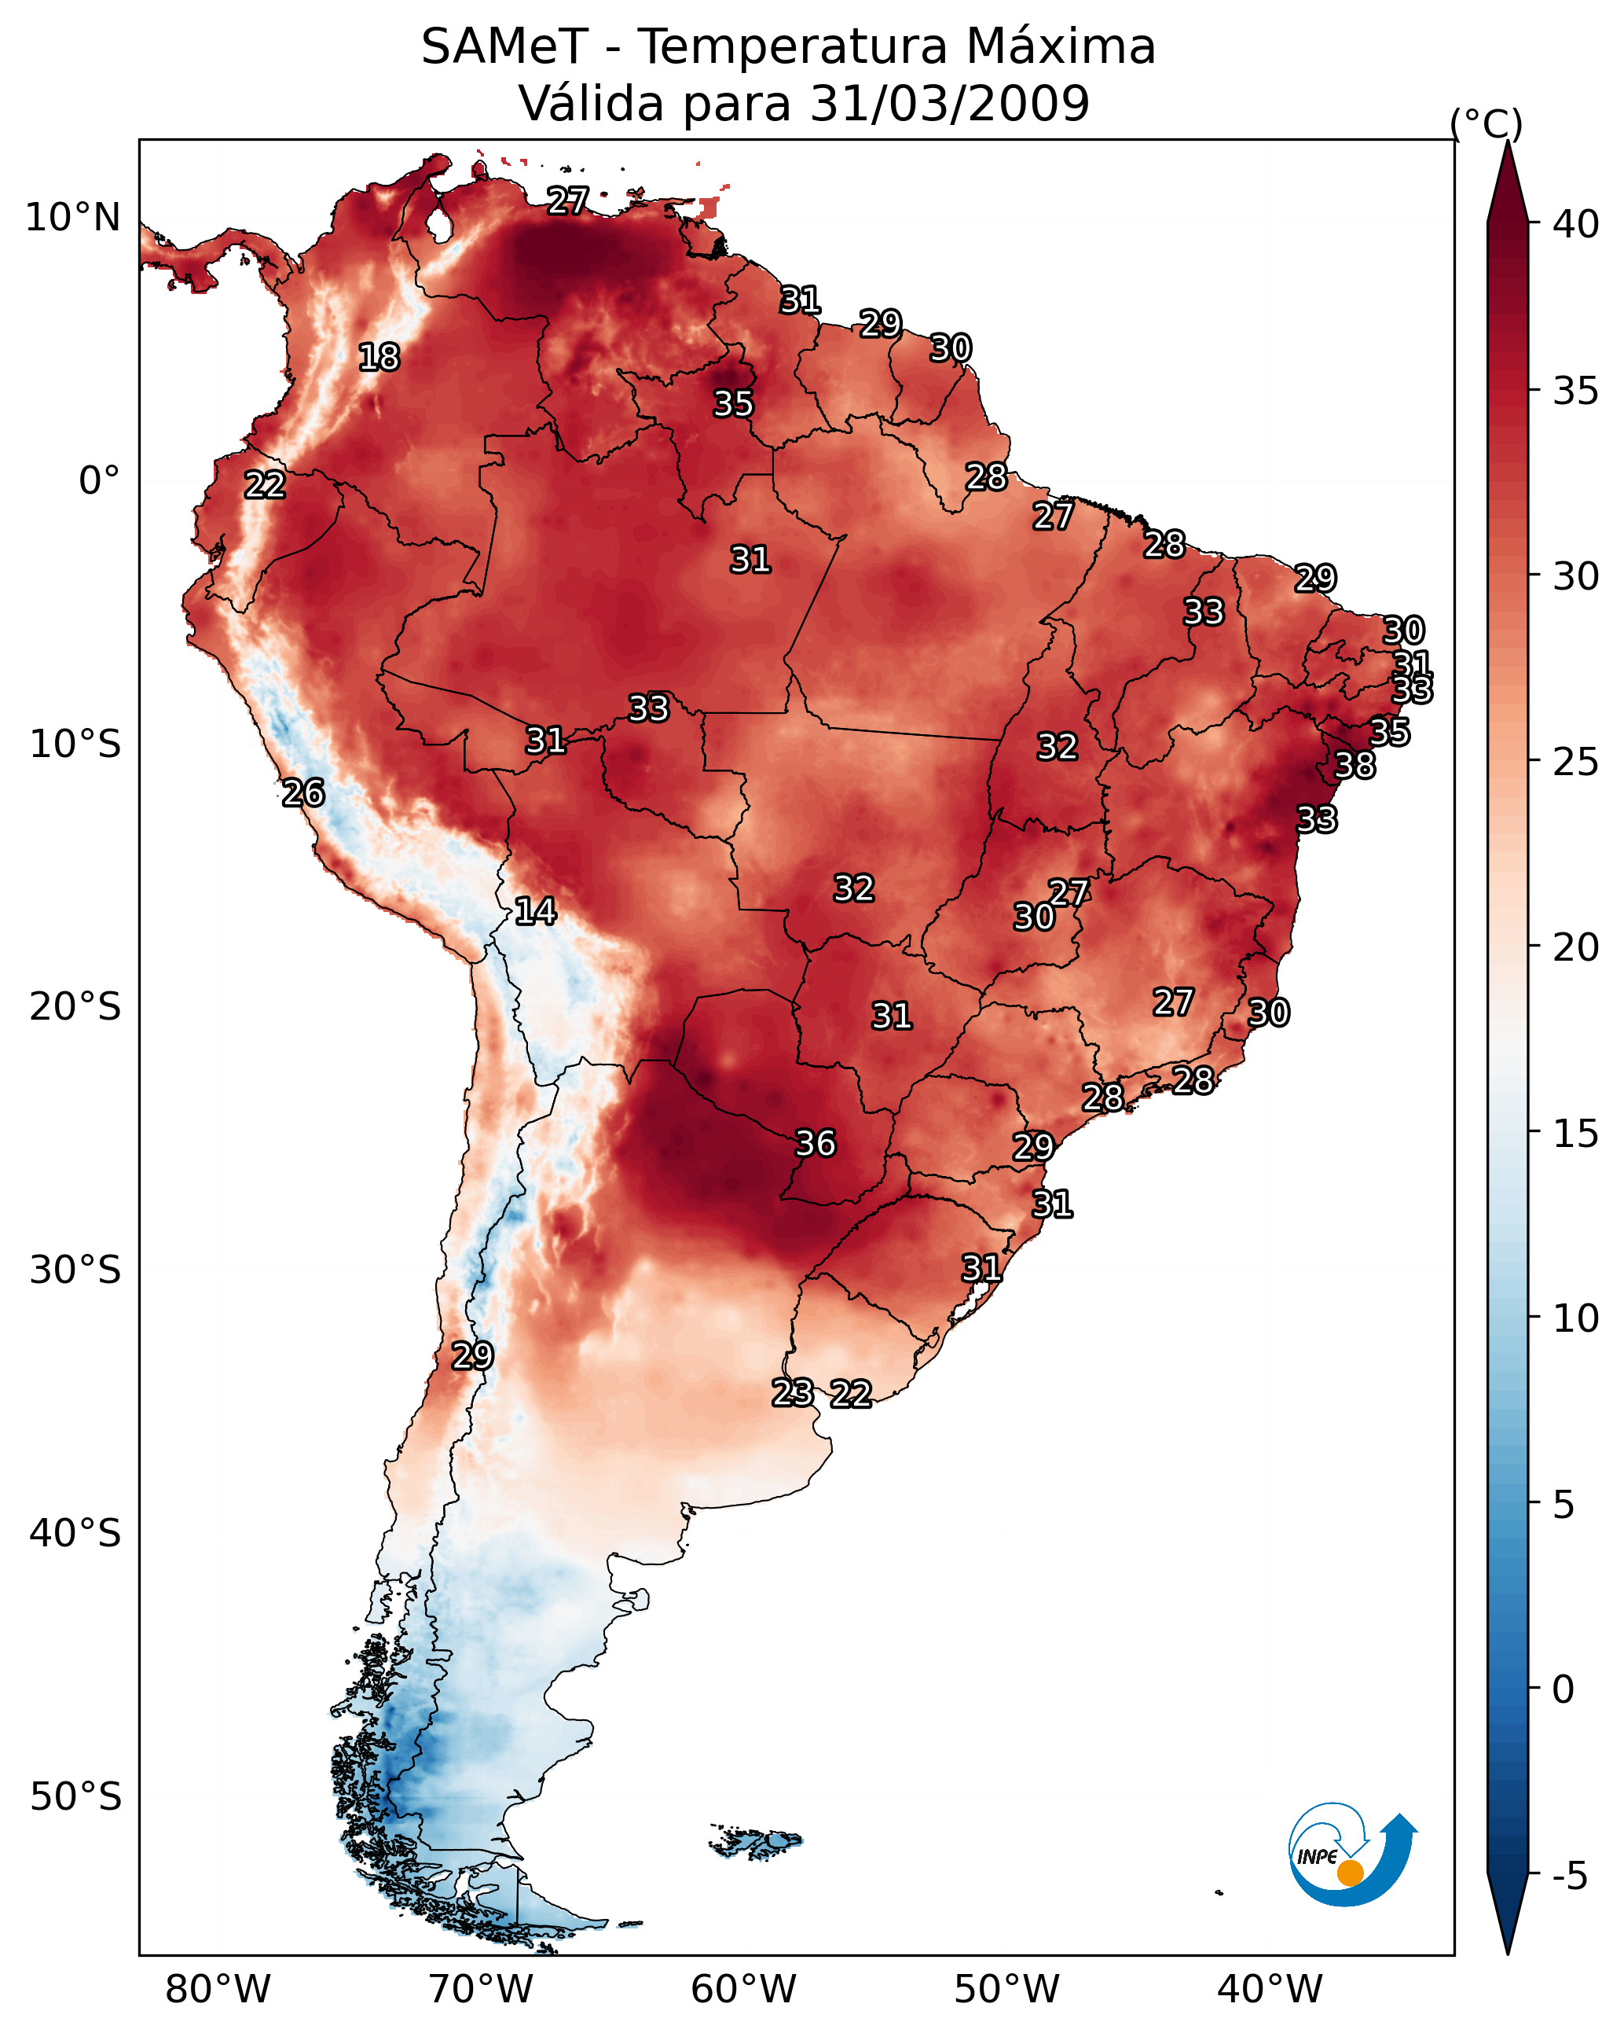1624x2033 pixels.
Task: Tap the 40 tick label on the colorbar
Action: pyautogui.click(x=1576, y=224)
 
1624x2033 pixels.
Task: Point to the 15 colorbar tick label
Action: pyautogui.click(x=1576, y=1134)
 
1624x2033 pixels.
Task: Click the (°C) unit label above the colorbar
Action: pyautogui.click(x=1487, y=123)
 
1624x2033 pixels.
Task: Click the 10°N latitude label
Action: pyautogui.click(x=72, y=218)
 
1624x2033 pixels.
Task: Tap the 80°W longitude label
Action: pyautogui.click(x=218, y=1990)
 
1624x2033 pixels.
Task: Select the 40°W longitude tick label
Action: pyautogui.click(x=1270, y=1990)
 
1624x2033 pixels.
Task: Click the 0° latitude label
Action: pyautogui.click(x=99, y=481)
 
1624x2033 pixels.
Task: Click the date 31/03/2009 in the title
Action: pyautogui.click(x=949, y=104)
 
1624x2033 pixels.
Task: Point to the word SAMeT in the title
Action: pyautogui.click(x=504, y=47)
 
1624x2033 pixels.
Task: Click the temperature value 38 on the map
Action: pyautogui.click(x=1355, y=766)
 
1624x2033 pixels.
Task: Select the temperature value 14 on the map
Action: pyautogui.click(x=535, y=912)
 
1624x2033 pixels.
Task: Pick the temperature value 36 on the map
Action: pyautogui.click(x=816, y=1144)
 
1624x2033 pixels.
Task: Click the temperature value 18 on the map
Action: pyautogui.click(x=379, y=358)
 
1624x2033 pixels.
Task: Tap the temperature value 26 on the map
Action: pyautogui.click(x=303, y=793)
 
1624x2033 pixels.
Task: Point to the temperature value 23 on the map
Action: pyautogui.click(x=793, y=1393)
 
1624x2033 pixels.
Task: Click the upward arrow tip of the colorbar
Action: pyautogui.click(x=1507, y=146)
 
